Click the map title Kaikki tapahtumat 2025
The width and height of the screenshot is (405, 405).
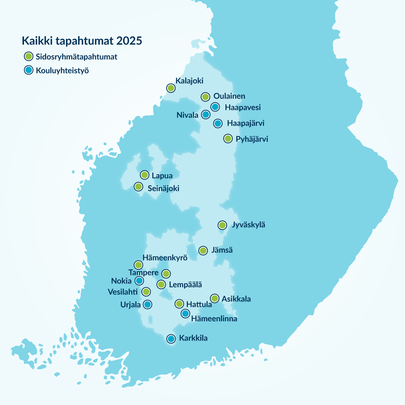82,41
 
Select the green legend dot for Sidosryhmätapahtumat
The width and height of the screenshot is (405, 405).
28,57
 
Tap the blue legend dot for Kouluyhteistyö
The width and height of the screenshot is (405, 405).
28,70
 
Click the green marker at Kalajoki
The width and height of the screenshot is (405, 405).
171,88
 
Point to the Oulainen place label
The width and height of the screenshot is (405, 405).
229,96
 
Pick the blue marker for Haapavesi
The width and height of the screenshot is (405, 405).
215,107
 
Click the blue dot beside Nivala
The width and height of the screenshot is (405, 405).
205,114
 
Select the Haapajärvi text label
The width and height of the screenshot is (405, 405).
243,123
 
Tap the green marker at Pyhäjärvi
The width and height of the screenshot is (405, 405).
228,138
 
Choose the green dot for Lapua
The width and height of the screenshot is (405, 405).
144,175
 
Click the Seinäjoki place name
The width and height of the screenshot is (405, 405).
163,188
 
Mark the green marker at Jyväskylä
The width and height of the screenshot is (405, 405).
222,225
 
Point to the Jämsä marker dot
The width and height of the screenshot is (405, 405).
203,250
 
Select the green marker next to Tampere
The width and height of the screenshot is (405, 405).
166,274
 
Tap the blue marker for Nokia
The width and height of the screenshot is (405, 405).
139,280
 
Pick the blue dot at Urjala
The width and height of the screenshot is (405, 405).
148,304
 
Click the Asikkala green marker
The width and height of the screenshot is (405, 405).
214,298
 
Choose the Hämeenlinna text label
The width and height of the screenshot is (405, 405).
214,319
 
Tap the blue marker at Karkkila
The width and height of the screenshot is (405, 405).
171,339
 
